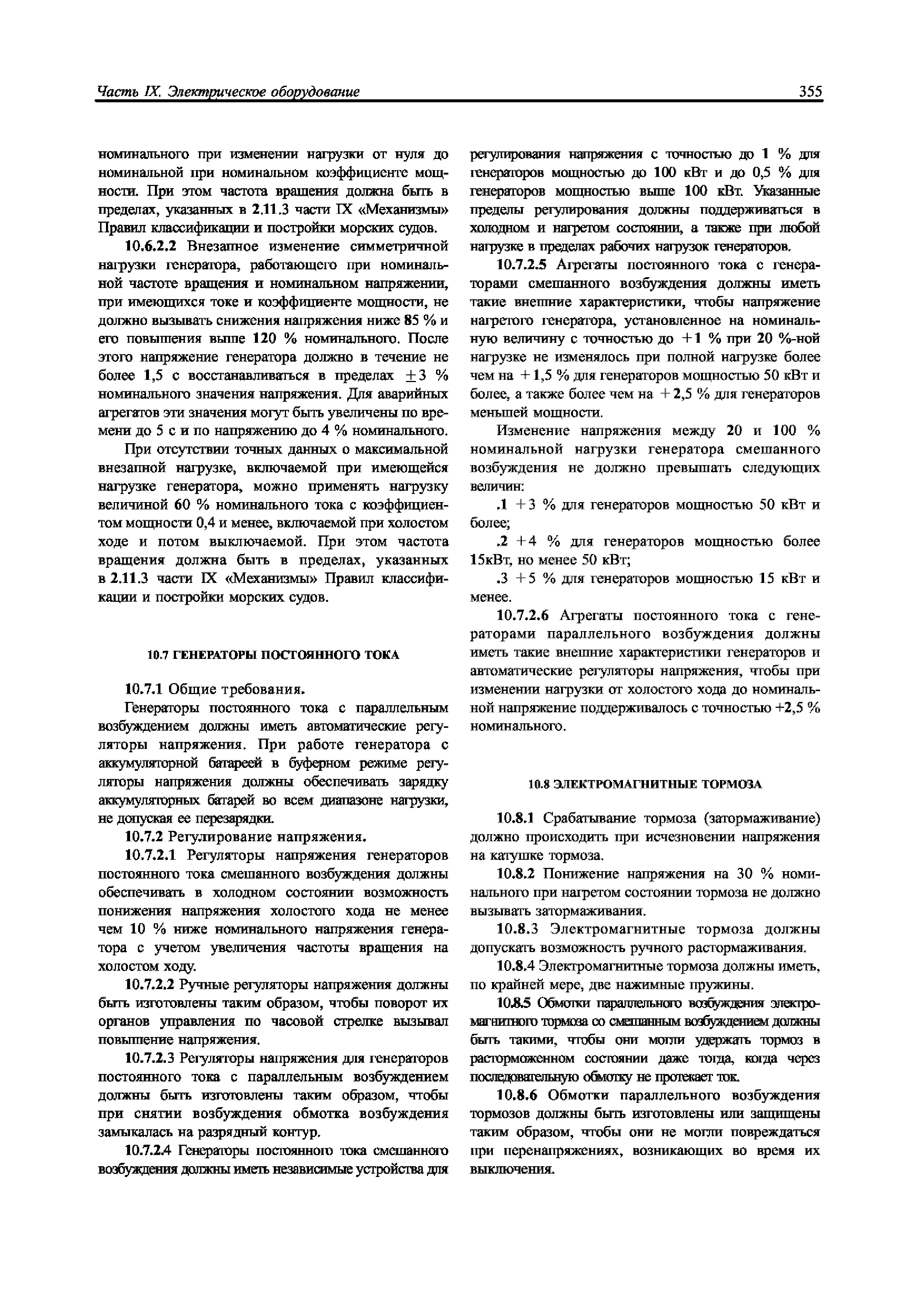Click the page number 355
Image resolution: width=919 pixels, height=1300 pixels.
tap(810, 92)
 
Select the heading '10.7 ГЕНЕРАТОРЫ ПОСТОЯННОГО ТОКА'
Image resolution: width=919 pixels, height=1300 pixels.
tap(273, 655)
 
